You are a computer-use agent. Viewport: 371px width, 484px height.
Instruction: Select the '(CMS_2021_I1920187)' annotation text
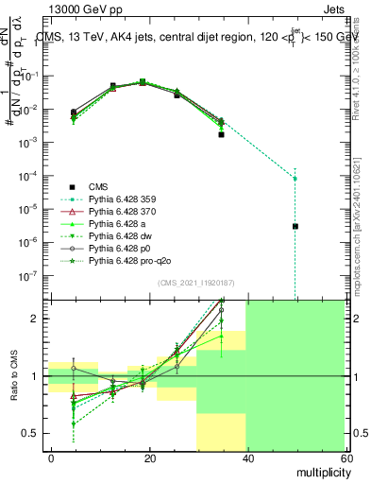197,284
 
